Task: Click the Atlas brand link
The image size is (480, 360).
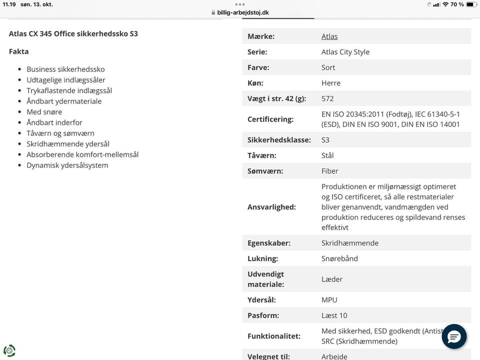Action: coord(329,36)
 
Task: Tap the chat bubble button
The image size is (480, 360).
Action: coord(454,336)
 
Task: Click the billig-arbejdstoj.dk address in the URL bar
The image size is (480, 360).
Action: coord(243,12)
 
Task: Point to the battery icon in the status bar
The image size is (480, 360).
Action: coord(471,4)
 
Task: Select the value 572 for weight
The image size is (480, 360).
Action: coord(327,98)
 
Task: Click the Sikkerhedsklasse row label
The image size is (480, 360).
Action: coord(279,140)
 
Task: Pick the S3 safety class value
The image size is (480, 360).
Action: coord(325,140)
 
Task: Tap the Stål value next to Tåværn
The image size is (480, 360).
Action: coord(327,155)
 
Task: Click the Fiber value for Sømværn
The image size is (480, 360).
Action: coord(330,171)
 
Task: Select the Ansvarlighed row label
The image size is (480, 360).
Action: coord(271,207)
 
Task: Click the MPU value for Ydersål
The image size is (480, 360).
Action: coord(329,300)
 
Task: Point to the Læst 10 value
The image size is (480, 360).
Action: coord(334,315)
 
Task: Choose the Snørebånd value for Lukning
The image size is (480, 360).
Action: coord(339,258)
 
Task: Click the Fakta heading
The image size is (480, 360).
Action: coord(19,51)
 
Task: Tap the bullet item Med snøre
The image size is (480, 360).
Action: coord(44,112)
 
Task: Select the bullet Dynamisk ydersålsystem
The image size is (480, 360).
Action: coord(67,165)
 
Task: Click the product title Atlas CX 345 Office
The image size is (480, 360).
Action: coord(73,34)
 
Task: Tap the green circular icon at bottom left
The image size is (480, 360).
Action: coord(9,350)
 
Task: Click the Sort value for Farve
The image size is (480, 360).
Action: coord(328,67)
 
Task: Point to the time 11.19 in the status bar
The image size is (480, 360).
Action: coord(9,4)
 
